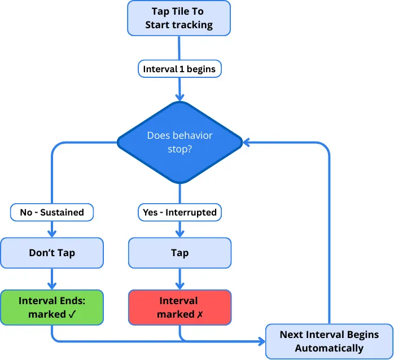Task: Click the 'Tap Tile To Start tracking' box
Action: [179, 18]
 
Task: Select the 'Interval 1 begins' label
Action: [179, 69]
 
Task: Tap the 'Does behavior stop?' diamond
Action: [180, 142]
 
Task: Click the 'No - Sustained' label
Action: [52, 212]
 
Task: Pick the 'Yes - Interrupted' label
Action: [180, 212]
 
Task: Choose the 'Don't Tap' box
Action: [52, 253]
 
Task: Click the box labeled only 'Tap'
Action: [180, 253]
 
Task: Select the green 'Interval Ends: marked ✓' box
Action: [52, 308]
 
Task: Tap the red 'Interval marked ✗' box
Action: [180, 308]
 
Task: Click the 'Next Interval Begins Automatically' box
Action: [329, 341]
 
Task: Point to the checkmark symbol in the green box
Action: [72, 314]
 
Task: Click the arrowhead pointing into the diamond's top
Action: [180, 96]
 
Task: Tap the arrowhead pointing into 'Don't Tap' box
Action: [52, 234]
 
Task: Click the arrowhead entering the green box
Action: [52, 286]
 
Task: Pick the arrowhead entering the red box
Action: [180, 286]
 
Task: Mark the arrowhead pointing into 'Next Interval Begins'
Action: [261, 341]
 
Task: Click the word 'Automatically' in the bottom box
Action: [329, 348]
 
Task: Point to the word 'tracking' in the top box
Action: [195, 24]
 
